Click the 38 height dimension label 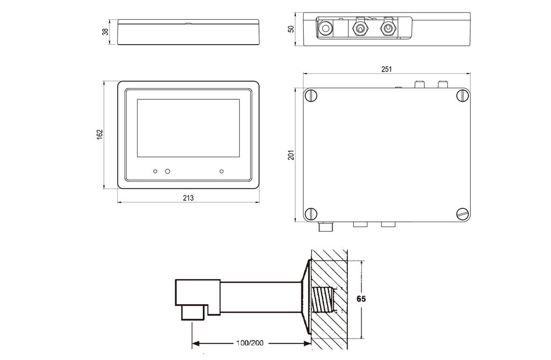tap(105, 32)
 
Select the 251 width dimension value tap(386, 69)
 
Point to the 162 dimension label tap(100, 135)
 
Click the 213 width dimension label tap(188, 197)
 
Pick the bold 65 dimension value tap(361, 299)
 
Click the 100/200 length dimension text tap(250, 343)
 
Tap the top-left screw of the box tap(312, 96)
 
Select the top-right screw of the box tap(462, 96)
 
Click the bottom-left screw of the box tap(312, 213)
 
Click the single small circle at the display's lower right tap(222, 171)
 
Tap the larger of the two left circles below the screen tap(168, 171)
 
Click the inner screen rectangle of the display tap(188, 127)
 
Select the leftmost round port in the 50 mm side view tap(326, 28)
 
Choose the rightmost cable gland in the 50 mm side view tap(389, 28)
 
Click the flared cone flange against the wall tap(304, 298)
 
